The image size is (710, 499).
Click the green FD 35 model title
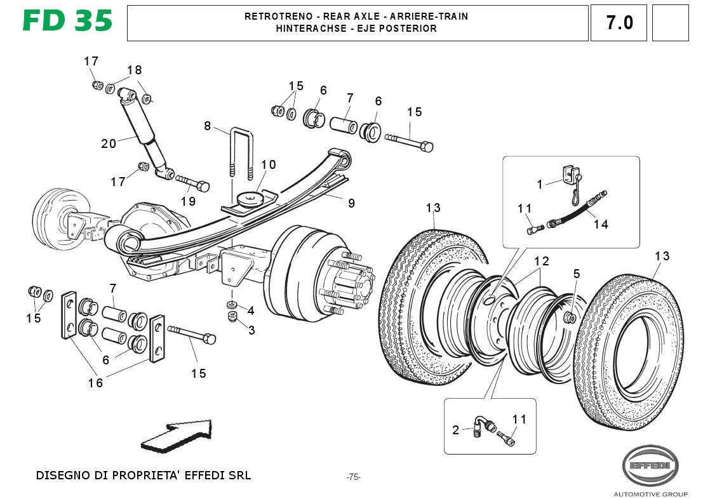tap(67, 21)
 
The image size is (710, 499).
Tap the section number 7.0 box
tap(619, 23)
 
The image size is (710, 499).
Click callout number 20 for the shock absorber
tap(109, 143)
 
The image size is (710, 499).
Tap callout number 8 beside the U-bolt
tap(207, 126)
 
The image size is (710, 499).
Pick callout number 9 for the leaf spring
tap(351, 203)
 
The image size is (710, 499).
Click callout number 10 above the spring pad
tap(268, 165)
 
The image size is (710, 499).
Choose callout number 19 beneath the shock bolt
tap(188, 201)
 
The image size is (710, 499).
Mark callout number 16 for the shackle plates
tap(95, 383)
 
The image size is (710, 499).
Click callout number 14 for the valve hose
tap(601, 224)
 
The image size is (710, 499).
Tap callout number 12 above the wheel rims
tap(541, 261)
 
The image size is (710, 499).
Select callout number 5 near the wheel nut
tap(577, 274)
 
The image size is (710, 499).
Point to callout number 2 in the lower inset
tap(455, 430)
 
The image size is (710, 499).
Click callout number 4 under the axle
tap(251, 310)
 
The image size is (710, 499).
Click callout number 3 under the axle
tap(251, 330)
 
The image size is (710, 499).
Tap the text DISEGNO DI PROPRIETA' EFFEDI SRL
tap(144, 475)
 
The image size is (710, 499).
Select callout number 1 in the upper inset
tap(540, 185)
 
